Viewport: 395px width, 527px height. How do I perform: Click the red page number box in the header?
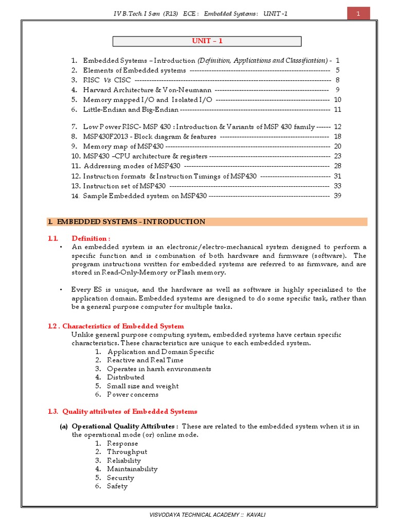(358, 14)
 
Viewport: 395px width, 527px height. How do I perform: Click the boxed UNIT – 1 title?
(207, 41)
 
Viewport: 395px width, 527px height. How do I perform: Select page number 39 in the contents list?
(337, 196)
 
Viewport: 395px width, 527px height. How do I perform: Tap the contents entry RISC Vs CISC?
(107, 80)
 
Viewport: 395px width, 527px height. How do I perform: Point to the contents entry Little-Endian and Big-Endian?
(131, 109)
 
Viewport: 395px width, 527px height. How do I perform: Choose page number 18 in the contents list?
(337, 136)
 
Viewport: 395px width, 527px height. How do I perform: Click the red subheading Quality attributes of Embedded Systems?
(130, 411)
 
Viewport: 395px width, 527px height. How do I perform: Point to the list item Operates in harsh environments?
(159, 369)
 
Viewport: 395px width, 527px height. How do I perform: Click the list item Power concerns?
(133, 395)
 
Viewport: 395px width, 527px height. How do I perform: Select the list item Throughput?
(127, 452)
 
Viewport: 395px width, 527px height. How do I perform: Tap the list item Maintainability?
(132, 469)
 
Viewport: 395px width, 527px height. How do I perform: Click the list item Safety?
(117, 486)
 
